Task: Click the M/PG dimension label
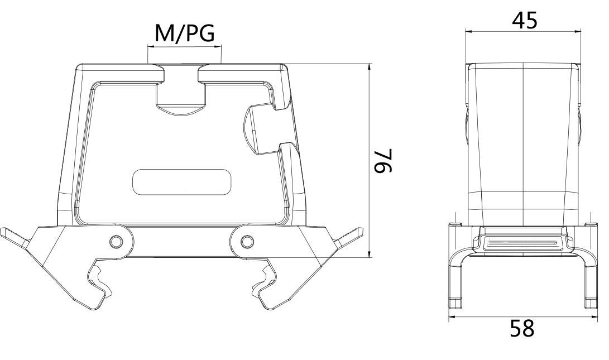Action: (184, 34)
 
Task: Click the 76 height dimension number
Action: (383, 161)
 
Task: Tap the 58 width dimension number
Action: (522, 328)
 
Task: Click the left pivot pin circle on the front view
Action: (116, 241)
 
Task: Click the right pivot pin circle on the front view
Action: (246, 241)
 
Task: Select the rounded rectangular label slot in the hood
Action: (183, 182)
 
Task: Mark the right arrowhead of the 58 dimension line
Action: (593, 317)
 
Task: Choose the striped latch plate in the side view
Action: (522, 242)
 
